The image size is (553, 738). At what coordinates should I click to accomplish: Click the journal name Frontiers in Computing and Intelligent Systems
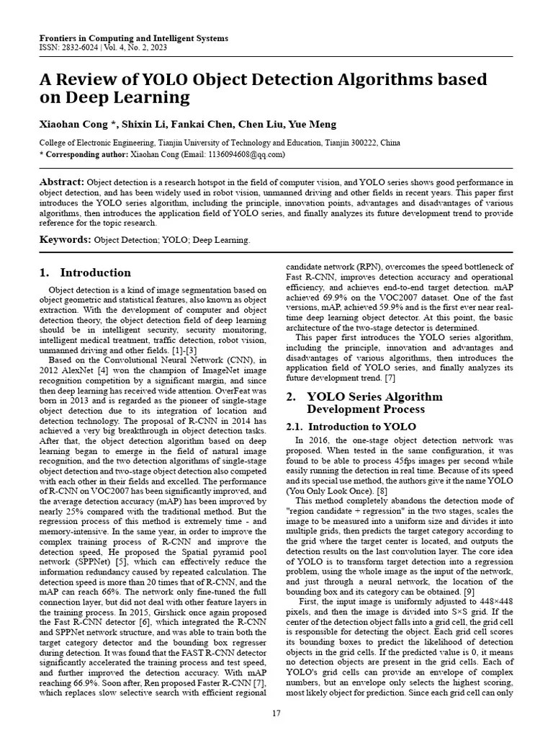pos(133,38)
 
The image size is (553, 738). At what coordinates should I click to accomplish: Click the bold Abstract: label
pos(61,182)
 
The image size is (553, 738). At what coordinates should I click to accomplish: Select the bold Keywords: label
pos(65,239)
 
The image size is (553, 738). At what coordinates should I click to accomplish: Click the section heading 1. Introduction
pos(85,273)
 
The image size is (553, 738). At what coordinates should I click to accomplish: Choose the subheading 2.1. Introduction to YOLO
pos(341,427)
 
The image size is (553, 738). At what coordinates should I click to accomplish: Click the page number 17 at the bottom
pos(276,713)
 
